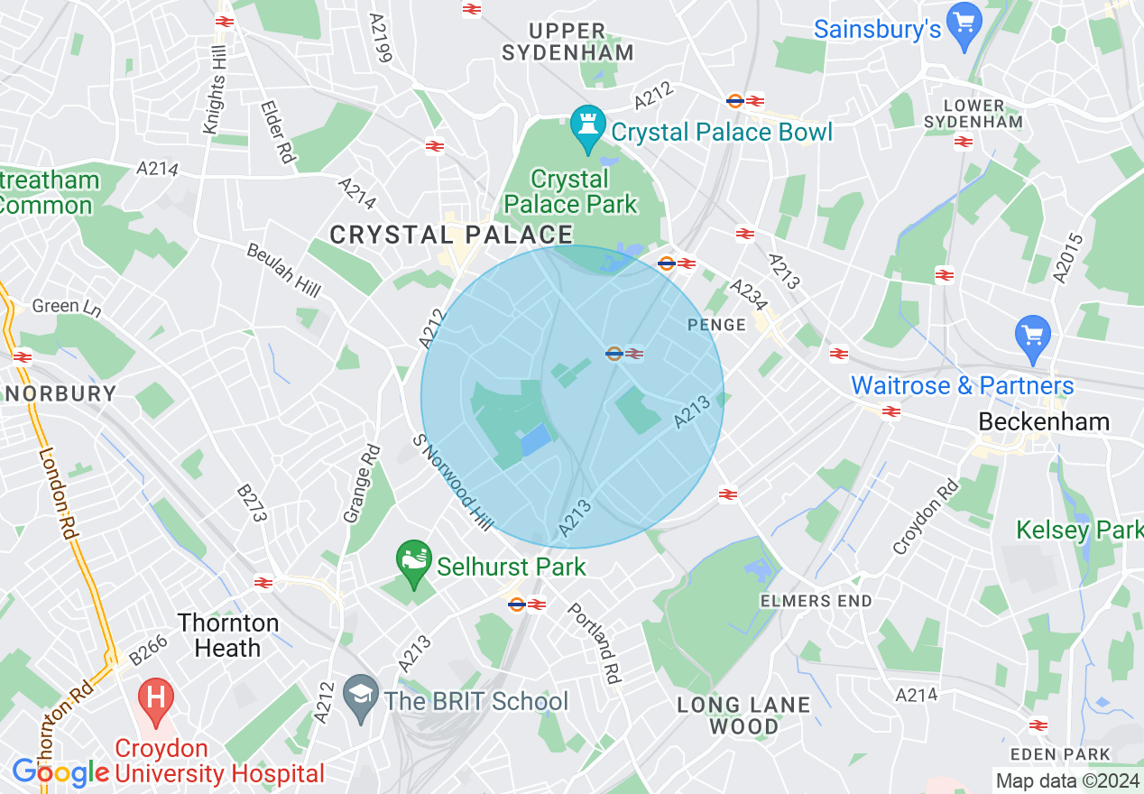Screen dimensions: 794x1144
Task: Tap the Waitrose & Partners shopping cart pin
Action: pos(1033,336)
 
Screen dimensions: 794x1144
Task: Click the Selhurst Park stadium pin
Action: pos(414,561)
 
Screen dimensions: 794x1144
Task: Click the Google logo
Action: pos(60,772)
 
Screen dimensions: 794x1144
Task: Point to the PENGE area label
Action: pos(716,325)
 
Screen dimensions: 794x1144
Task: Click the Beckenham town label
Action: pos(1031,422)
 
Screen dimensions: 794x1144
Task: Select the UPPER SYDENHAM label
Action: pos(567,42)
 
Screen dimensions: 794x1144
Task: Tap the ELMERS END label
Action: pos(816,601)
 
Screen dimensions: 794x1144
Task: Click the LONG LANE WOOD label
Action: pos(743,715)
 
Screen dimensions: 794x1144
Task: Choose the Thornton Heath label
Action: pos(228,635)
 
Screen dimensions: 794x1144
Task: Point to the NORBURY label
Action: pos(59,393)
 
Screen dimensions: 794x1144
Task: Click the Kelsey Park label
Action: pos(1078,530)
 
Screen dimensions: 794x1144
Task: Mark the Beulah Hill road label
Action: pos(283,269)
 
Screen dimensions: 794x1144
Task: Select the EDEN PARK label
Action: pos(1059,754)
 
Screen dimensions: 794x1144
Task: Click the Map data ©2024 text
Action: pos(1066,780)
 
